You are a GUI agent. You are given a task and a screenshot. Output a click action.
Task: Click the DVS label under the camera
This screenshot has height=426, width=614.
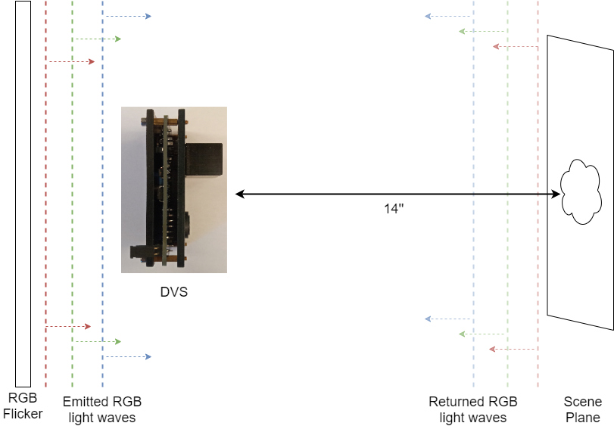point(173,291)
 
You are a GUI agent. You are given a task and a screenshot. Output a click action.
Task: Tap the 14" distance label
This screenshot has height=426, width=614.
point(394,209)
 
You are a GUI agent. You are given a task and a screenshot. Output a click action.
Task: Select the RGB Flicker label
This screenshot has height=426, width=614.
point(23,407)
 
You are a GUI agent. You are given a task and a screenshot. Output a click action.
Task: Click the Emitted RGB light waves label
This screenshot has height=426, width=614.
point(101,409)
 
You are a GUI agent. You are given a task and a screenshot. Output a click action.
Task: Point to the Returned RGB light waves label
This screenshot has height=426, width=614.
point(472,409)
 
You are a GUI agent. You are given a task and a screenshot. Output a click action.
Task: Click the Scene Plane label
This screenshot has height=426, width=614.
point(583,409)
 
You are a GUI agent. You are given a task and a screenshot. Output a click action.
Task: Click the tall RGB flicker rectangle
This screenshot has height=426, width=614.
point(23,194)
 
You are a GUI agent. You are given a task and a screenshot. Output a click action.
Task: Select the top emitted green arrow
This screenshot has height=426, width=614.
point(97,39)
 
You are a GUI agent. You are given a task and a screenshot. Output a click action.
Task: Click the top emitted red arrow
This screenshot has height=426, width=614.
point(71,61)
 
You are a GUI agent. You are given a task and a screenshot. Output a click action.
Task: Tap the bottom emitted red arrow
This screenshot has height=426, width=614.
point(68,326)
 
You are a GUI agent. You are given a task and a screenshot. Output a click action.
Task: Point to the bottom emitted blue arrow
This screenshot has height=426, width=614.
point(127,356)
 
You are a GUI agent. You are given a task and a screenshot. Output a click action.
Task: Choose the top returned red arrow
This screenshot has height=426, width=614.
point(515,46)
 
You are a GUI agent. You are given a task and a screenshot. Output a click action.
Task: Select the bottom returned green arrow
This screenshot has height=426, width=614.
point(482,334)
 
